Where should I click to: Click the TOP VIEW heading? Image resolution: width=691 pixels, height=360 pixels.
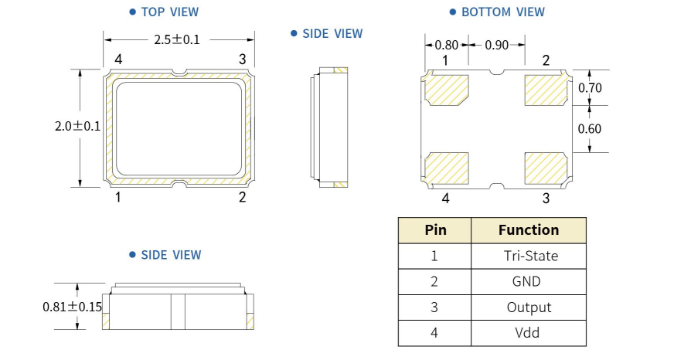169,12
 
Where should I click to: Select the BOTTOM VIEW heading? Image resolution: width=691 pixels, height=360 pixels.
502,12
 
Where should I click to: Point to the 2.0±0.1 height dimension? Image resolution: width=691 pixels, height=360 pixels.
77,127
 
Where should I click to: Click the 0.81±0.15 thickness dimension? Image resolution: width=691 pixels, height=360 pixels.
72,307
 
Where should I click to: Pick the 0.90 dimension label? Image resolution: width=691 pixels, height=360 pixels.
496,45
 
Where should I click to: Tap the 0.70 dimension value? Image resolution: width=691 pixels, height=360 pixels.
589,88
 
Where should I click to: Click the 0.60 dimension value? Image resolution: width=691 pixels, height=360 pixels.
589,129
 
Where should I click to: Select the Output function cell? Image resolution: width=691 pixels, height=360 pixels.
529,307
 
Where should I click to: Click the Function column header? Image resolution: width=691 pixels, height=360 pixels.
529,229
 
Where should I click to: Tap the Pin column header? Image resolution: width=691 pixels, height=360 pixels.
435,229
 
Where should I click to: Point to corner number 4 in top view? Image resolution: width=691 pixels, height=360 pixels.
118,59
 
